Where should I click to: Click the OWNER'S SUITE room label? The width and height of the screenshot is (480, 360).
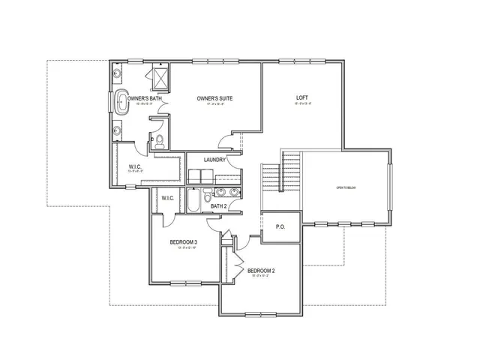point(212,98)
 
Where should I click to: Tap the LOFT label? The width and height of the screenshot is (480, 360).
point(302,98)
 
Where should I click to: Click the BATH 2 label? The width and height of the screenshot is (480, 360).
point(218,206)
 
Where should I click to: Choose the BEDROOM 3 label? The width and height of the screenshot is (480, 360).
point(183,242)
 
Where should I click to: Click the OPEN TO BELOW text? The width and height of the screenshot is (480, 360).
point(345,187)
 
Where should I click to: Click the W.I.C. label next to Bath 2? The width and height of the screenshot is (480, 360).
point(168,198)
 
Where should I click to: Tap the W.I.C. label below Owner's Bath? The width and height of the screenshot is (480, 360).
point(136,166)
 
